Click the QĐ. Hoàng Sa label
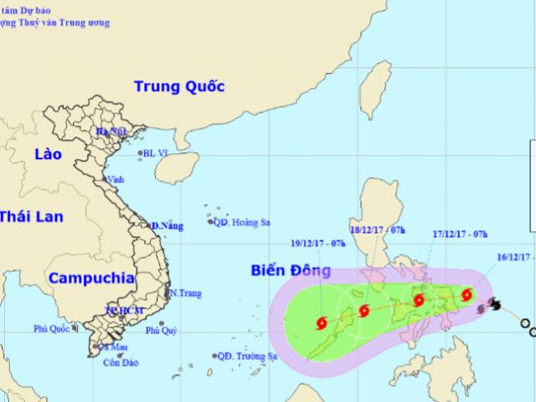coord(243,223)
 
